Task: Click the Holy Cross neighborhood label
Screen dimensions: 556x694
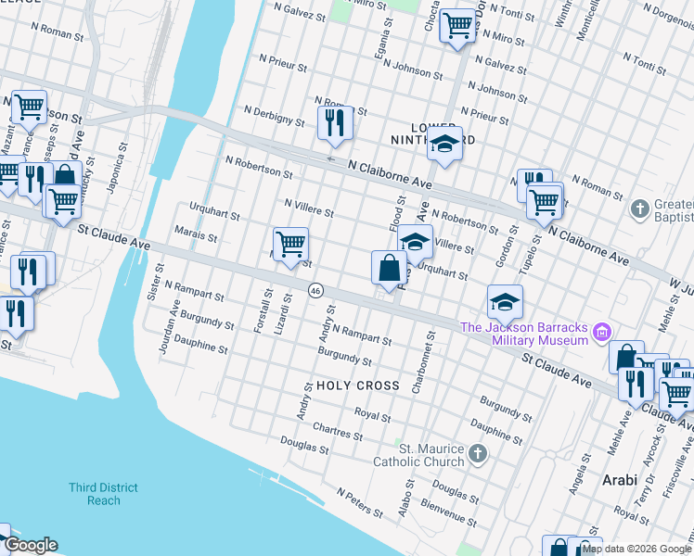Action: [x=357, y=385]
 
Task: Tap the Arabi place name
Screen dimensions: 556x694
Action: [x=620, y=480]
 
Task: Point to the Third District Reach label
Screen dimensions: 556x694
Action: [x=104, y=494]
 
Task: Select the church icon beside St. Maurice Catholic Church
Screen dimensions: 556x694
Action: [x=477, y=453]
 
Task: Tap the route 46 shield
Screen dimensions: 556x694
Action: [x=316, y=290]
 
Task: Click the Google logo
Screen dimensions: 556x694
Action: [x=31, y=545]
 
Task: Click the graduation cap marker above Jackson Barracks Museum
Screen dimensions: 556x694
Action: [x=504, y=301]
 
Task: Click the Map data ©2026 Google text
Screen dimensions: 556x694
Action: [x=636, y=549]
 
